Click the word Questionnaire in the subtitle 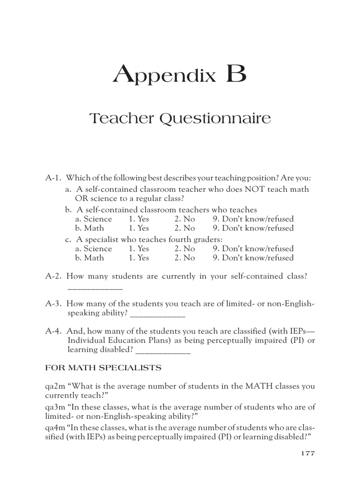[x=215, y=119]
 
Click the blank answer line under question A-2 [x=95, y=288]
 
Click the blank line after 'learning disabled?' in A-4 [x=164, y=353]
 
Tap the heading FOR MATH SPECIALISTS [x=103, y=368]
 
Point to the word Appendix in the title [x=165, y=75]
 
